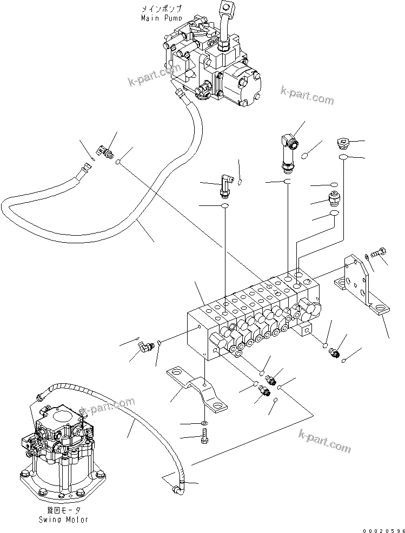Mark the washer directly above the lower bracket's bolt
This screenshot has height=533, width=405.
click(x=203, y=421)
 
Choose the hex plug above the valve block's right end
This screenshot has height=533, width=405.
click(x=343, y=143)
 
